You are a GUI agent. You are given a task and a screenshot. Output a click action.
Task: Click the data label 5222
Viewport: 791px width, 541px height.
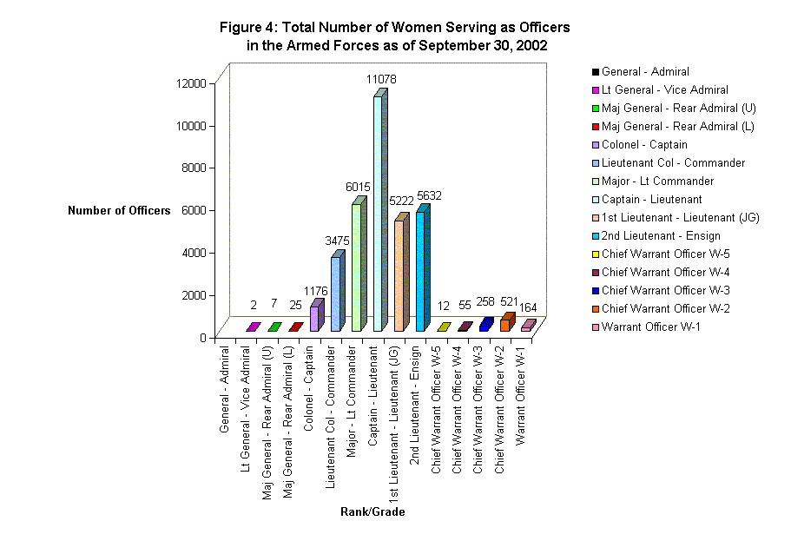pos(399,208)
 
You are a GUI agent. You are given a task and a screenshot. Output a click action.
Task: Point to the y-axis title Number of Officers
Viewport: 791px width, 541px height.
pos(119,210)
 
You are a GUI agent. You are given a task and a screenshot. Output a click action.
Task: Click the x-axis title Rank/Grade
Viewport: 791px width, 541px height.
pos(372,511)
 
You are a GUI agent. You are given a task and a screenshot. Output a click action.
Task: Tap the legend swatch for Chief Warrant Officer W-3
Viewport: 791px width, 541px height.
pos(596,291)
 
